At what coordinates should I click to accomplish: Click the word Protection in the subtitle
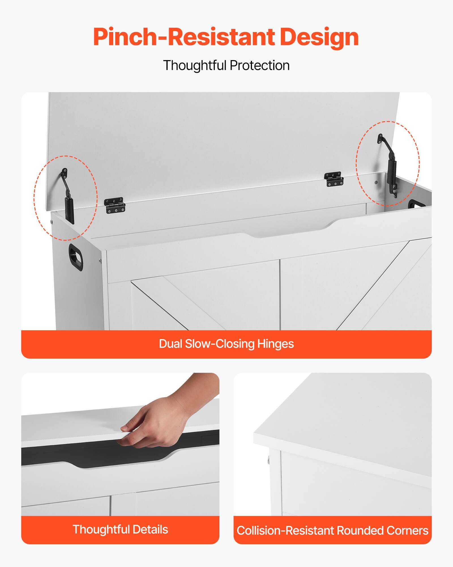(260, 65)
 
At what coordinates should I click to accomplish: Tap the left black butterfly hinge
(114, 205)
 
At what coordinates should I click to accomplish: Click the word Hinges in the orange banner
(275, 344)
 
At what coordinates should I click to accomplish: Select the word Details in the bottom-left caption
(150, 530)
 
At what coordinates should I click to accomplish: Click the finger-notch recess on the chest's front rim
(289, 231)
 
